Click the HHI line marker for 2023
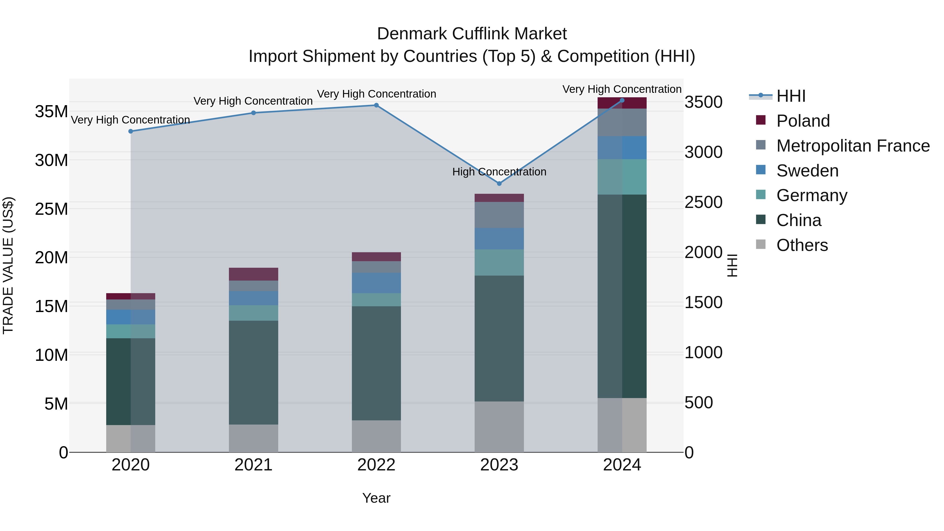(x=499, y=183)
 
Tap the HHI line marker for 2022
(x=376, y=105)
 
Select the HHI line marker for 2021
(x=254, y=113)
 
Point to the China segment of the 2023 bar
(x=499, y=338)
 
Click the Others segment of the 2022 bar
(x=376, y=436)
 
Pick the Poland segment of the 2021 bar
(x=254, y=274)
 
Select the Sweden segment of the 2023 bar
(x=499, y=239)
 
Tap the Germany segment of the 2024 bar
(x=622, y=177)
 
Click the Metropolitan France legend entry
(x=853, y=146)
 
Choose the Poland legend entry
(x=803, y=121)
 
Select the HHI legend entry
(x=791, y=96)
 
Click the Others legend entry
(x=802, y=245)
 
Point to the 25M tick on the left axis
(x=52, y=209)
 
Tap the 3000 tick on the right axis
(x=703, y=152)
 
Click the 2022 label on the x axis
(x=376, y=465)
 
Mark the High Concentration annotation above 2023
(x=499, y=171)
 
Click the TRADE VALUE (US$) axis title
(x=8, y=265)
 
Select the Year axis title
(x=376, y=498)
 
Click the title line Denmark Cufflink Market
(x=472, y=34)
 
